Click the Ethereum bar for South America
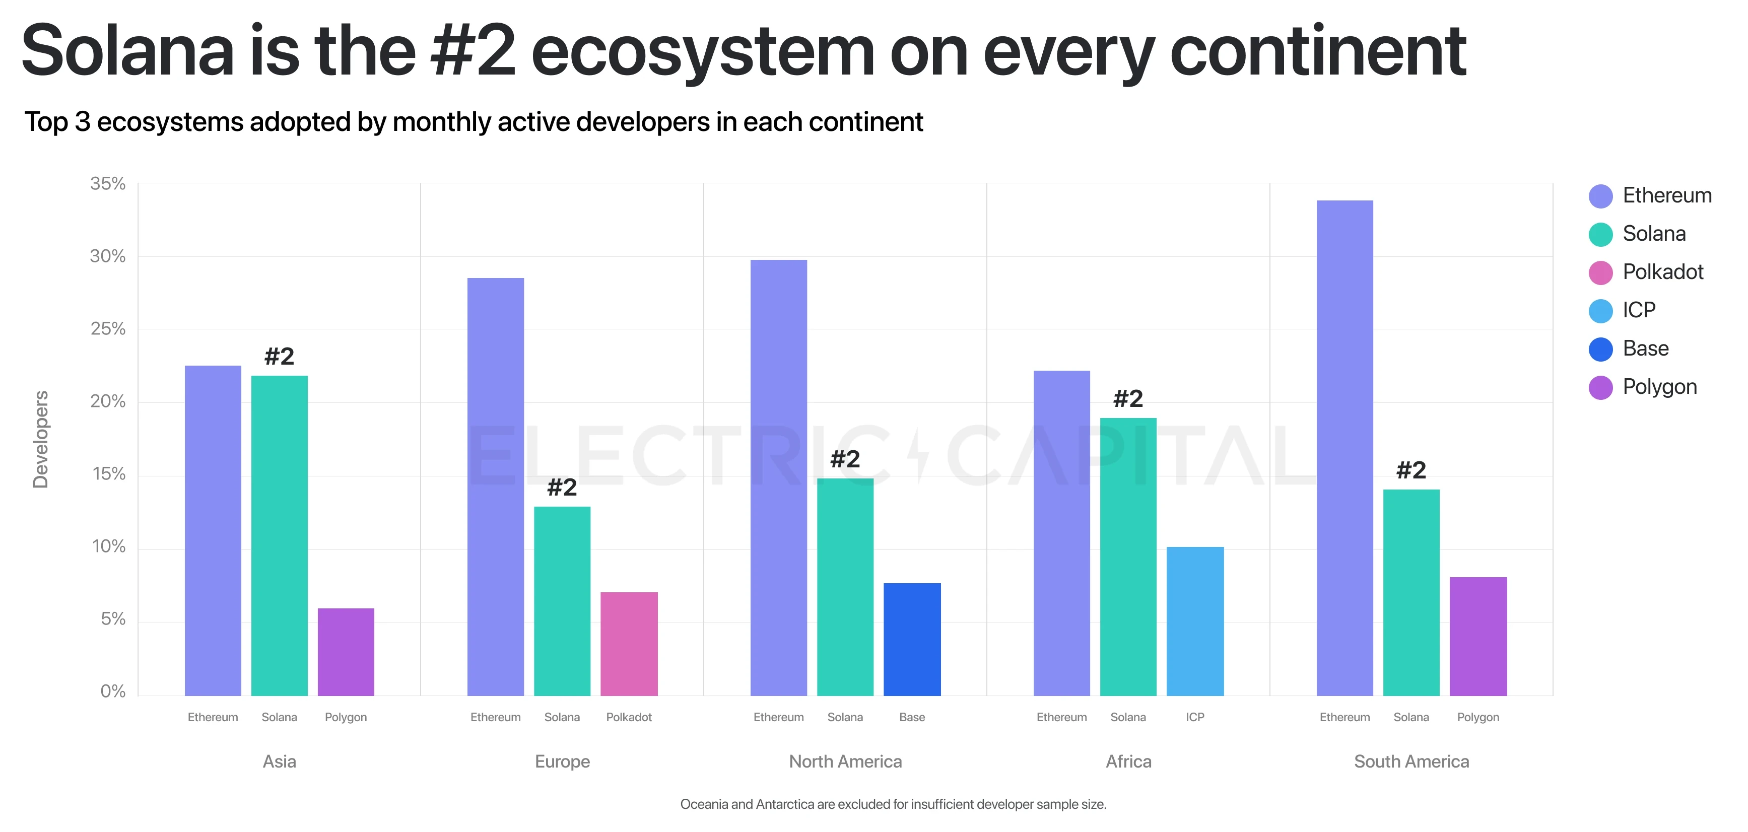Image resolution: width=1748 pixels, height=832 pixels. click(1344, 448)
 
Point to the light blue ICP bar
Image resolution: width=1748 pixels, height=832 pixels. click(1195, 621)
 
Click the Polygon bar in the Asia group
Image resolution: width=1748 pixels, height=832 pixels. click(346, 652)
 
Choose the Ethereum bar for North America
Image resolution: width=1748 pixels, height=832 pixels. click(778, 478)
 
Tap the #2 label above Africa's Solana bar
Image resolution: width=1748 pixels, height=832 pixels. click(1128, 399)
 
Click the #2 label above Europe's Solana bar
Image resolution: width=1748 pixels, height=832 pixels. click(562, 487)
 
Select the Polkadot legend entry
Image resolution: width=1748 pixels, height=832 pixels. click(1662, 272)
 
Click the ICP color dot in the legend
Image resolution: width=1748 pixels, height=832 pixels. click(1600, 311)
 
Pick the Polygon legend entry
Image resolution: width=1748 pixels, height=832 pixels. click(1659, 387)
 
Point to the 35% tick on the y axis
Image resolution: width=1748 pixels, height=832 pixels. click(108, 184)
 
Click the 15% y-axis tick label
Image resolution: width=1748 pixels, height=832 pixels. click(109, 474)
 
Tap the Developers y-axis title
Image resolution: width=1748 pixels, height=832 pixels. click(41, 439)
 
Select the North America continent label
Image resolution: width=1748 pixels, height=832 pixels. click(845, 761)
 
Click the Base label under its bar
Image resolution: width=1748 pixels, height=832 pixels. click(911, 717)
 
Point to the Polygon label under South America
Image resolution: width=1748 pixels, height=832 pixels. click(1478, 717)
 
